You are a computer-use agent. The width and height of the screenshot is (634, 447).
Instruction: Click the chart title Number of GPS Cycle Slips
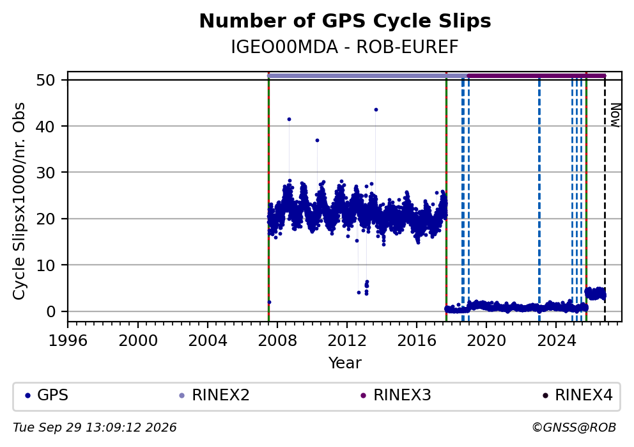[345, 21]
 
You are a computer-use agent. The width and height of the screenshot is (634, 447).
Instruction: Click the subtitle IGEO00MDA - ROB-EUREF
[345, 47]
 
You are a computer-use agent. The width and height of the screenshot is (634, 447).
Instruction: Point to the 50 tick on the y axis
[45, 80]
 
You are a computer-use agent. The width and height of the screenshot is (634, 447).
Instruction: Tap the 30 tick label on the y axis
[45, 173]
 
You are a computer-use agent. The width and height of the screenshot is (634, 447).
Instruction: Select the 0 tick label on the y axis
[50, 311]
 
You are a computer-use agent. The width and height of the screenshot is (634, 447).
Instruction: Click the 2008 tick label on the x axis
[277, 341]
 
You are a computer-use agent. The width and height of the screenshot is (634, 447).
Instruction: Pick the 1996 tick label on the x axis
[68, 341]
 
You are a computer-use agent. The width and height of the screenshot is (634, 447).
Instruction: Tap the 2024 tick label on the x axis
[556, 341]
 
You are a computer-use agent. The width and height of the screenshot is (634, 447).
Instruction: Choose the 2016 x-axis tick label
[417, 341]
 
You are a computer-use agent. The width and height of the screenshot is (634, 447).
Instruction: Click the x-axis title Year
[345, 363]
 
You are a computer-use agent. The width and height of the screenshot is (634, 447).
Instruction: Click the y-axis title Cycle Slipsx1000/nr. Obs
[19, 201]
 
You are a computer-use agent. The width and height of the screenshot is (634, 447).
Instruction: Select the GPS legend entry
[47, 395]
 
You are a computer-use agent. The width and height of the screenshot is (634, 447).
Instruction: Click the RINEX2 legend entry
[215, 395]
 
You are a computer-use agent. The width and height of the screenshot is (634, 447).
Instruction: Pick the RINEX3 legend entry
[396, 395]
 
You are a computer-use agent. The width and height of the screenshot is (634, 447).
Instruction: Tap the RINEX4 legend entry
[578, 395]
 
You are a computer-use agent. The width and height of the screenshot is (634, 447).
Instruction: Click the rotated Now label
[615, 115]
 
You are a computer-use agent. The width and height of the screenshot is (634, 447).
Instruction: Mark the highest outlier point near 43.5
[376, 109]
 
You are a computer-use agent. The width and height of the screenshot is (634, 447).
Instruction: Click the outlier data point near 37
[318, 141]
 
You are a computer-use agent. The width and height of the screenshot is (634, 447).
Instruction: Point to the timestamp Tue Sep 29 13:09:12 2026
[95, 428]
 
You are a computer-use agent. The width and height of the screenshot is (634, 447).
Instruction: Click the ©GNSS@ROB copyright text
[574, 428]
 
